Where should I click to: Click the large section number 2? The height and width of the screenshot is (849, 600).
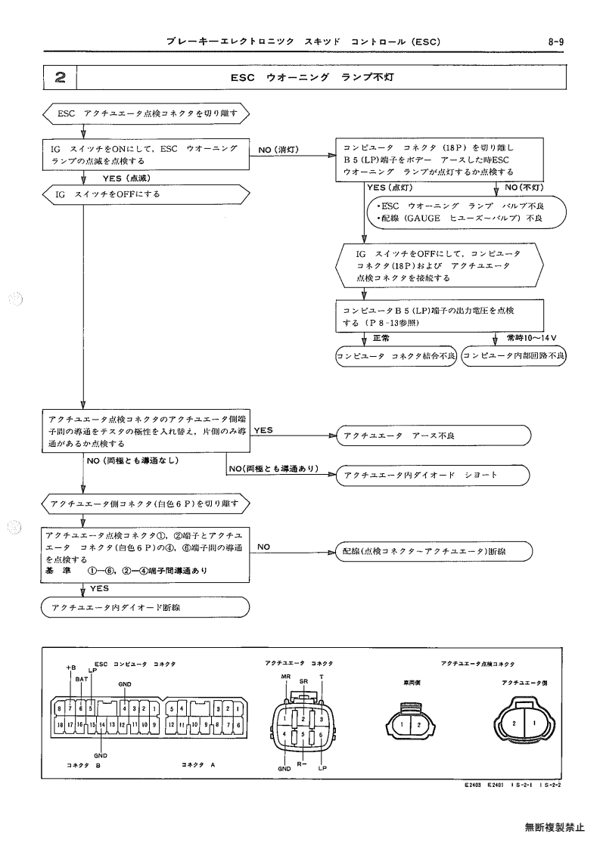click(x=61, y=77)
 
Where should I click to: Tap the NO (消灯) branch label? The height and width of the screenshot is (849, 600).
click(x=278, y=150)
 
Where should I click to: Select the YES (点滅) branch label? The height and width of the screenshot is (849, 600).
click(x=126, y=178)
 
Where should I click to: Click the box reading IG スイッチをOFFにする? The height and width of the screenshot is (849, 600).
click(x=146, y=194)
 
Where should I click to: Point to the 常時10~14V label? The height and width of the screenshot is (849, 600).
click(x=531, y=338)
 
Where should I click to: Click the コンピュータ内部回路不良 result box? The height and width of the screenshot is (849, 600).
click(x=513, y=356)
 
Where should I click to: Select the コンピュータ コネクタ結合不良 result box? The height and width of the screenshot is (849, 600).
click(x=396, y=356)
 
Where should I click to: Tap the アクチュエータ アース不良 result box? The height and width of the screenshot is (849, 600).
click(x=433, y=435)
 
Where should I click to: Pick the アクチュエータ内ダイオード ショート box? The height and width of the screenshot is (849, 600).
click(x=433, y=475)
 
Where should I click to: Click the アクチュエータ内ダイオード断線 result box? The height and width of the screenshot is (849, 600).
click(x=145, y=607)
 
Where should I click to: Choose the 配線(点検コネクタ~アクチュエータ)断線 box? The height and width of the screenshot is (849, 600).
click(x=434, y=551)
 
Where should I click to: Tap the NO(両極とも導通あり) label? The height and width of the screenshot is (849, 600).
click(x=273, y=469)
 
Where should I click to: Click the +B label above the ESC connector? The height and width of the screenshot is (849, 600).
click(x=71, y=668)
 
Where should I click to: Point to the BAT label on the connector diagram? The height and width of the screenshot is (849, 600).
click(x=82, y=678)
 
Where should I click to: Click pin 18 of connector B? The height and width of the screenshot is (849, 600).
click(x=61, y=724)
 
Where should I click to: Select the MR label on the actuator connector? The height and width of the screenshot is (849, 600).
click(x=286, y=677)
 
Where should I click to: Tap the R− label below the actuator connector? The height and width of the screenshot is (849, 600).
click(x=302, y=764)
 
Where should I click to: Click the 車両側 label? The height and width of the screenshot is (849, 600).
click(x=412, y=683)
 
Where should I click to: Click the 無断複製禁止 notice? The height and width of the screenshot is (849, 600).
click(x=555, y=827)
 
